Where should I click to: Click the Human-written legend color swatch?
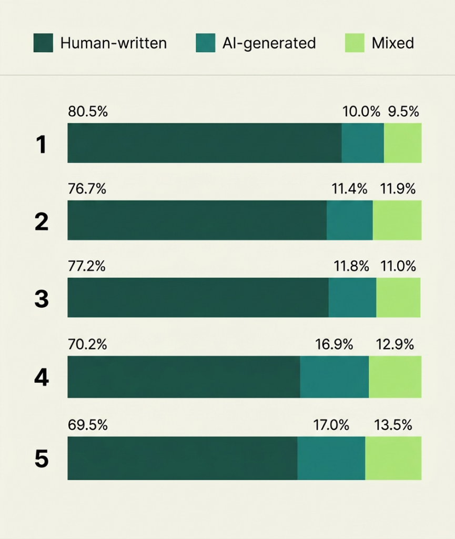(x=43, y=43)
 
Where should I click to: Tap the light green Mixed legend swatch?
(x=355, y=43)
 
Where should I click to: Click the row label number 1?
(x=42, y=145)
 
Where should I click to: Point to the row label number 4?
(x=42, y=377)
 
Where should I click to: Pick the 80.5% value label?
(x=88, y=112)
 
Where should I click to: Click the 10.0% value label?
(x=361, y=112)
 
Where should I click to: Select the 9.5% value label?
(x=403, y=112)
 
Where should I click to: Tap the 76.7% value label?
(x=87, y=189)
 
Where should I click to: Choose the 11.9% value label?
(x=397, y=189)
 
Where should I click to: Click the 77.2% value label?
(x=87, y=266)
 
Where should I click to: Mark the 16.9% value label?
(x=334, y=345)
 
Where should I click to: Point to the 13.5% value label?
(x=393, y=425)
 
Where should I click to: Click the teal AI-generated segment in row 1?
(x=362, y=143)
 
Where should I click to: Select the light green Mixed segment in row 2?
(x=397, y=220)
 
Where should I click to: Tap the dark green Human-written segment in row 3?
(x=198, y=297)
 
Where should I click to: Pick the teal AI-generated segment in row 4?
(x=334, y=376)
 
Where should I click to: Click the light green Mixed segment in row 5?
(x=393, y=458)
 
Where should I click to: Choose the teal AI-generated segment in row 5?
(x=331, y=458)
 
